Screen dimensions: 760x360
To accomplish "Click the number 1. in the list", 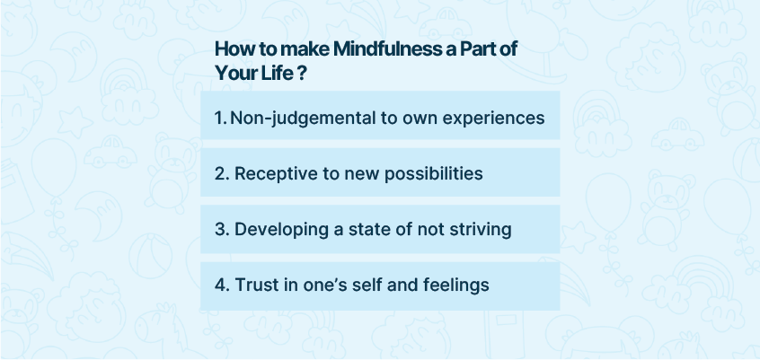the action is [220, 118].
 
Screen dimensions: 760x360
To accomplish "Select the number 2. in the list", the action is [222, 173].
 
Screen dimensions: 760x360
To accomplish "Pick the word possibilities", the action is [433, 173].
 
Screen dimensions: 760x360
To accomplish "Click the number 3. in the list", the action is [222, 229].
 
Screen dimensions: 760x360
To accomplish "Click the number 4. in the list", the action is [222, 285].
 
